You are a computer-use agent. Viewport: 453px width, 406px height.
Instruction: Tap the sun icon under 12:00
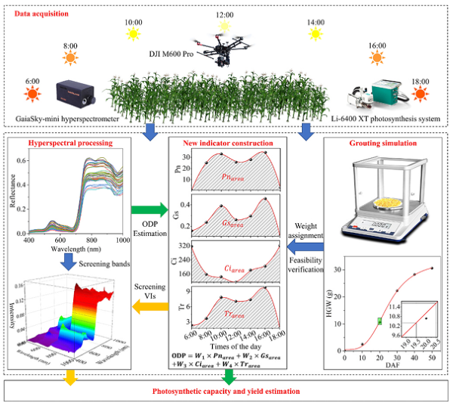pyautogui.click(x=224, y=26)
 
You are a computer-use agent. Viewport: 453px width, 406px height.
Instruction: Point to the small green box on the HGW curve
pyautogui.click(x=381, y=321)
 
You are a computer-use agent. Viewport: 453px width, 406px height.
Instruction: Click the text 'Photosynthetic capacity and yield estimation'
pyautogui.click(x=226, y=391)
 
